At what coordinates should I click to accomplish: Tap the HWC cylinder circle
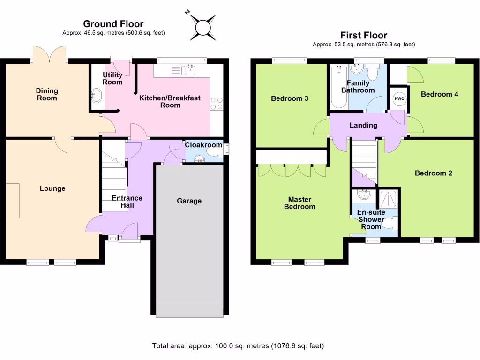coord(399,98)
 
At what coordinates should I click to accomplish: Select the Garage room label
coord(189,201)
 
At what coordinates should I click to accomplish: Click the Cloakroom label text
coord(203,145)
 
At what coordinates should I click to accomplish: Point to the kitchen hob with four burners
coord(217,103)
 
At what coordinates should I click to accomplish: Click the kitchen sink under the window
coord(190,70)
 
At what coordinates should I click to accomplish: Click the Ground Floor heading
coord(113,24)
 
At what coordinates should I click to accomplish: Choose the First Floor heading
coord(364,36)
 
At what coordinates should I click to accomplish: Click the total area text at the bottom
coord(238,346)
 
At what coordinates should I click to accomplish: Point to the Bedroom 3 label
coord(290,98)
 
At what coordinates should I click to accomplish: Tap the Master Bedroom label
coord(300,203)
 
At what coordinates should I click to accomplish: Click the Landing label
coord(363,125)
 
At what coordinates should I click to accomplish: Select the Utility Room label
coord(112,78)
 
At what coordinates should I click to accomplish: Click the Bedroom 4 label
coord(439,94)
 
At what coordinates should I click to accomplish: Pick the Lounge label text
coord(52,188)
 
